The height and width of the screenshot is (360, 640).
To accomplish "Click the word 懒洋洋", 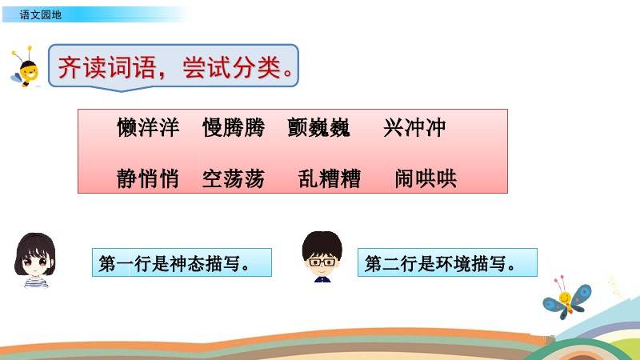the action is coord(148,127).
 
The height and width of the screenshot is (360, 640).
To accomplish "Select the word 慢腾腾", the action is coord(234,127).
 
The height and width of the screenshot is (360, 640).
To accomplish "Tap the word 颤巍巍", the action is coord(318,127).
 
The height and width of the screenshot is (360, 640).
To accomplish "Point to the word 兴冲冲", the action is coord(414,127).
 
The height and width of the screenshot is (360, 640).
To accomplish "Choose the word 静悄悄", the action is coord(148,178).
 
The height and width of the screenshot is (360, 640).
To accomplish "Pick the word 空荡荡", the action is coord(234,178).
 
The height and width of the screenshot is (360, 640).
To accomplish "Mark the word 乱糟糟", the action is coord(330,178).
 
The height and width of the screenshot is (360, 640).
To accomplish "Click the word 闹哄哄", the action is coord(426,178).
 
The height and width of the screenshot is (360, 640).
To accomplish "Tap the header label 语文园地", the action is coord(41,15).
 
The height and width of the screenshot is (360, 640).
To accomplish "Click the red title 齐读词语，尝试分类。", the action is coord(176,67).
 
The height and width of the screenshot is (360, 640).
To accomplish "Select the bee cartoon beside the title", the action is coord(25,67).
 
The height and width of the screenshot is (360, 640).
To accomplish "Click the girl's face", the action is coord(35,262).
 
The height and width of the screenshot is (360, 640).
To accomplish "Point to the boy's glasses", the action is coord(322,262).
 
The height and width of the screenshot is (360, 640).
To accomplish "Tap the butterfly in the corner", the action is coord(567,298).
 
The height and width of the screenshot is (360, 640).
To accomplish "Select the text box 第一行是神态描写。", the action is coord(182,262).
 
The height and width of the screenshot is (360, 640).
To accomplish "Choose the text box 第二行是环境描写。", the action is coord(447,262).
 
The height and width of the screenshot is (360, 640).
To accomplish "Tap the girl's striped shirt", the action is coord(36,282).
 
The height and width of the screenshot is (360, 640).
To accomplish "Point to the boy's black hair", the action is coord(322,244).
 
